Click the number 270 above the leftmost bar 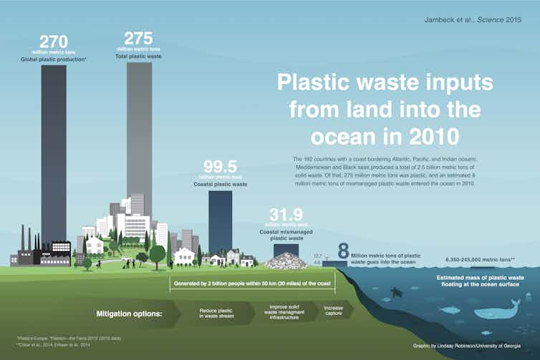54,42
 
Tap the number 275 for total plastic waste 138,39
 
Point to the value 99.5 221,167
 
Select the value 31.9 285,215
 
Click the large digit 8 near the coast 343,251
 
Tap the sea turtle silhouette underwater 394,293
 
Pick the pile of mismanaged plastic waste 286,261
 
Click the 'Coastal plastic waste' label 221,184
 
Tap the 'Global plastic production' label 54,59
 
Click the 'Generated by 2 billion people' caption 253,283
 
